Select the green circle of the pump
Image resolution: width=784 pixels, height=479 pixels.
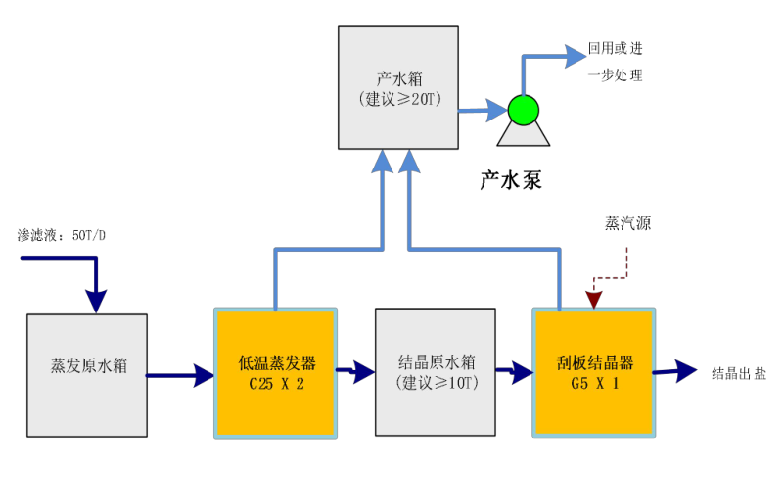coord(523,110)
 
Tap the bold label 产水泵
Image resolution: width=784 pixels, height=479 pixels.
coord(510,179)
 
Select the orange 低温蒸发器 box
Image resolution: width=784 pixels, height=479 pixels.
coord(276,372)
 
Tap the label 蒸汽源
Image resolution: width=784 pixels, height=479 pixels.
coord(627,223)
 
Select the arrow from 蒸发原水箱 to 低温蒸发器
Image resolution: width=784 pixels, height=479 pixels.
coord(181,373)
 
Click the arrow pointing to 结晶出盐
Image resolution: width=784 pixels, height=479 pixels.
coord(674,370)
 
